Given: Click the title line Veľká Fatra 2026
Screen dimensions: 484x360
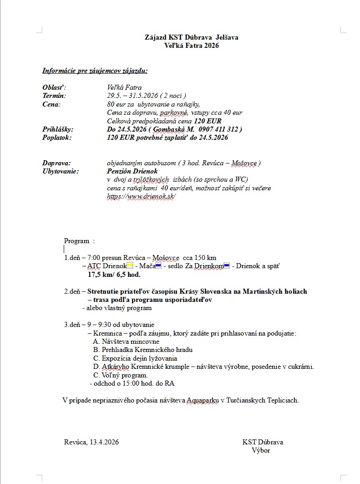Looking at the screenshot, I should click(x=191, y=46).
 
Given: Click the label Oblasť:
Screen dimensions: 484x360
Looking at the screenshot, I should click(x=54, y=87).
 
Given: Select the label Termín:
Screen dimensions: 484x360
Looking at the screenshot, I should click(x=54, y=96).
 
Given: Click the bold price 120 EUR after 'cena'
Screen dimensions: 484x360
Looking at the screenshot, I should click(x=208, y=121).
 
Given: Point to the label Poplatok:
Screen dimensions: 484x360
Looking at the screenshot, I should click(x=57, y=138).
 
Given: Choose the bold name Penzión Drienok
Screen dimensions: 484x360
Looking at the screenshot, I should click(x=132, y=171).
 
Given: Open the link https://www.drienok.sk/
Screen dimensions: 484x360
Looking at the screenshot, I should click(x=141, y=196).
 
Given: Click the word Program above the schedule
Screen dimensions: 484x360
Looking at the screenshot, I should click(x=76, y=241).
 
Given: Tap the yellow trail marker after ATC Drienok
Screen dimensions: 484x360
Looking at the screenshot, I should click(x=130, y=266).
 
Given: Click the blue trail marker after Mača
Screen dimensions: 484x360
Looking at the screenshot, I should click(x=158, y=266).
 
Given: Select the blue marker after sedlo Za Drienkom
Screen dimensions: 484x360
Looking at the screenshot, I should click(x=227, y=266).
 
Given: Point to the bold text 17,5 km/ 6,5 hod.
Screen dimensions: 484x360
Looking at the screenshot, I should click(x=114, y=275).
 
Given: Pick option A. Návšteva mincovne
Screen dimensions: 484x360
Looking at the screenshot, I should click(x=124, y=341).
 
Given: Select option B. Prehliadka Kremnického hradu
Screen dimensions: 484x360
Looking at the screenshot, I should click(x=142, y=350).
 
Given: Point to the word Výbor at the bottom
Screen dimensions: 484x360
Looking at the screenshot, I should click(x=261, y=450).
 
